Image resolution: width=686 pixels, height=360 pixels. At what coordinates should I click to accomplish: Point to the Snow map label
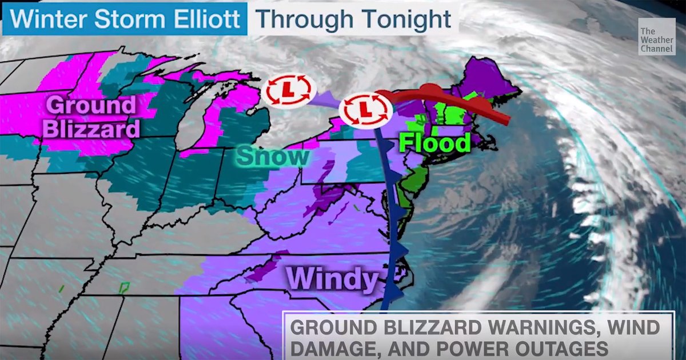273,156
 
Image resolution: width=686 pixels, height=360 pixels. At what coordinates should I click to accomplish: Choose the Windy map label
333,279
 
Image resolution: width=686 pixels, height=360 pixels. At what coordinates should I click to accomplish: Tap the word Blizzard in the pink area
91,129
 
